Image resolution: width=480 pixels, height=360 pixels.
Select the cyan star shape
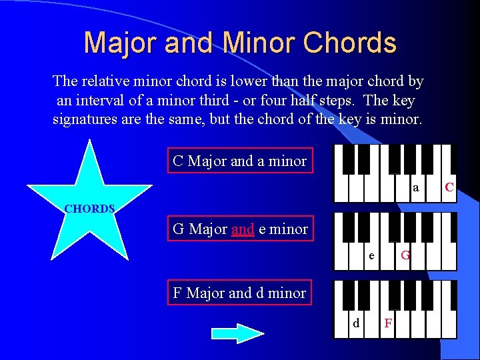[x=90, y=200]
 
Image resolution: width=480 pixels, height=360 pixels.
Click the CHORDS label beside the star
[x=89, y=209]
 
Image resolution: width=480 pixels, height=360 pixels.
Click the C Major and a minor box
[x=239, y=161]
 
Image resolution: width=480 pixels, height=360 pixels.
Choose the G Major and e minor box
[x=239, y=229]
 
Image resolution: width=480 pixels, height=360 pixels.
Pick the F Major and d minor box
[x=239, y=293]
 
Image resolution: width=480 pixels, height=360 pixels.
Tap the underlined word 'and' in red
[x=243, y=229]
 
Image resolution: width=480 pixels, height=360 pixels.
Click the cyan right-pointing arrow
[x=237, y=333]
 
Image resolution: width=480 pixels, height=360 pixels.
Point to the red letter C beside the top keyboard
[x=449, y=188]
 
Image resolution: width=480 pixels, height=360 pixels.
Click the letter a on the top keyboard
[x=415, y=189]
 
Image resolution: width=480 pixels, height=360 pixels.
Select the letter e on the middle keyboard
[x=371, y=255]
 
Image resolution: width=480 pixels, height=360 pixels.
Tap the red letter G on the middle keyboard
[x=405, y=255]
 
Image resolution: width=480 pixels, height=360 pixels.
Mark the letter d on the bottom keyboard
[x=355, y=323]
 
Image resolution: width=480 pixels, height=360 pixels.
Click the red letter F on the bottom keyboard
[x=388, y=324]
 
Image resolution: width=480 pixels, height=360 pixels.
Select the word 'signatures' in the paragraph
[x=85, y=120]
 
